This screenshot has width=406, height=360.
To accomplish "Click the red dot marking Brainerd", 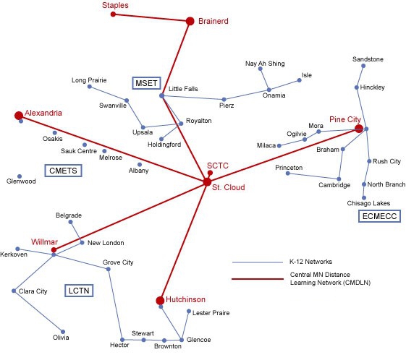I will pos(190,21).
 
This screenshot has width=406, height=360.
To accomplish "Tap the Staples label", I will pos(115,5).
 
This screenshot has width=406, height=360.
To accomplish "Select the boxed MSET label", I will pos(146,83).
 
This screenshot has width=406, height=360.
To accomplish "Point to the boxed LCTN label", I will pos(78,290).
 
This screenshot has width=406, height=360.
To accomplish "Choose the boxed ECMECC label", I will pos(376,215).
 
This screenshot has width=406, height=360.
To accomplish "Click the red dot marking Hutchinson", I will pos(160,300).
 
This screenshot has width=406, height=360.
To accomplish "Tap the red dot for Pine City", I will pos(358,129).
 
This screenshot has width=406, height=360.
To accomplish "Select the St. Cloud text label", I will pos(229,188).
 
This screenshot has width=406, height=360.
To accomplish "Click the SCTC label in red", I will pos(218,166).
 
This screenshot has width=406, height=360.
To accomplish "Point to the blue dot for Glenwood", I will pos(20,176).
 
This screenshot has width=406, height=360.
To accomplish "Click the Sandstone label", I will pos(368,59).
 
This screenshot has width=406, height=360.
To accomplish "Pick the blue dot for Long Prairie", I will pos(90,87).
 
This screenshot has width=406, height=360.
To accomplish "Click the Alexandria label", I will pos(43,113).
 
